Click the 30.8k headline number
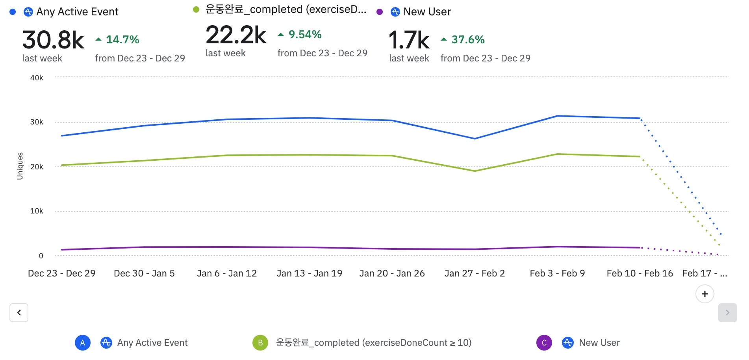click(x=53, y=40)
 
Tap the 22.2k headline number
click(x=236, y=35)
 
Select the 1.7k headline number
click(x=409, y=40)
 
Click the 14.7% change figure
click(x=122, y=40)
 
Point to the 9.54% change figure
click(x=305, y=35)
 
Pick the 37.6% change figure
click(x=467, y=40)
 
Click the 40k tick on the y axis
click(x=37, y=78)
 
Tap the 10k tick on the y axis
click(x=37, y=211)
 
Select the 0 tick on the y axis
click(x=41, y=256)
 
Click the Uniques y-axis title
click(x=20, y=166)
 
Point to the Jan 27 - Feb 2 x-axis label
click(x=475, y=273)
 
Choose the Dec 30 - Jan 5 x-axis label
click(x=144, y=273)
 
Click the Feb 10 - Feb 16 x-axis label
click(x=640, y=273)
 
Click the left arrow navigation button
click(x=19, y=313)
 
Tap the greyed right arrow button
click(x=727, y=313)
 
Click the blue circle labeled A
click(x=83, y=343)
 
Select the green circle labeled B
click(x=260, y=343)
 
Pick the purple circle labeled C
click(x=544, y=343)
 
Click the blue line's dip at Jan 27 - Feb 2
click(x=475, y=139)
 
